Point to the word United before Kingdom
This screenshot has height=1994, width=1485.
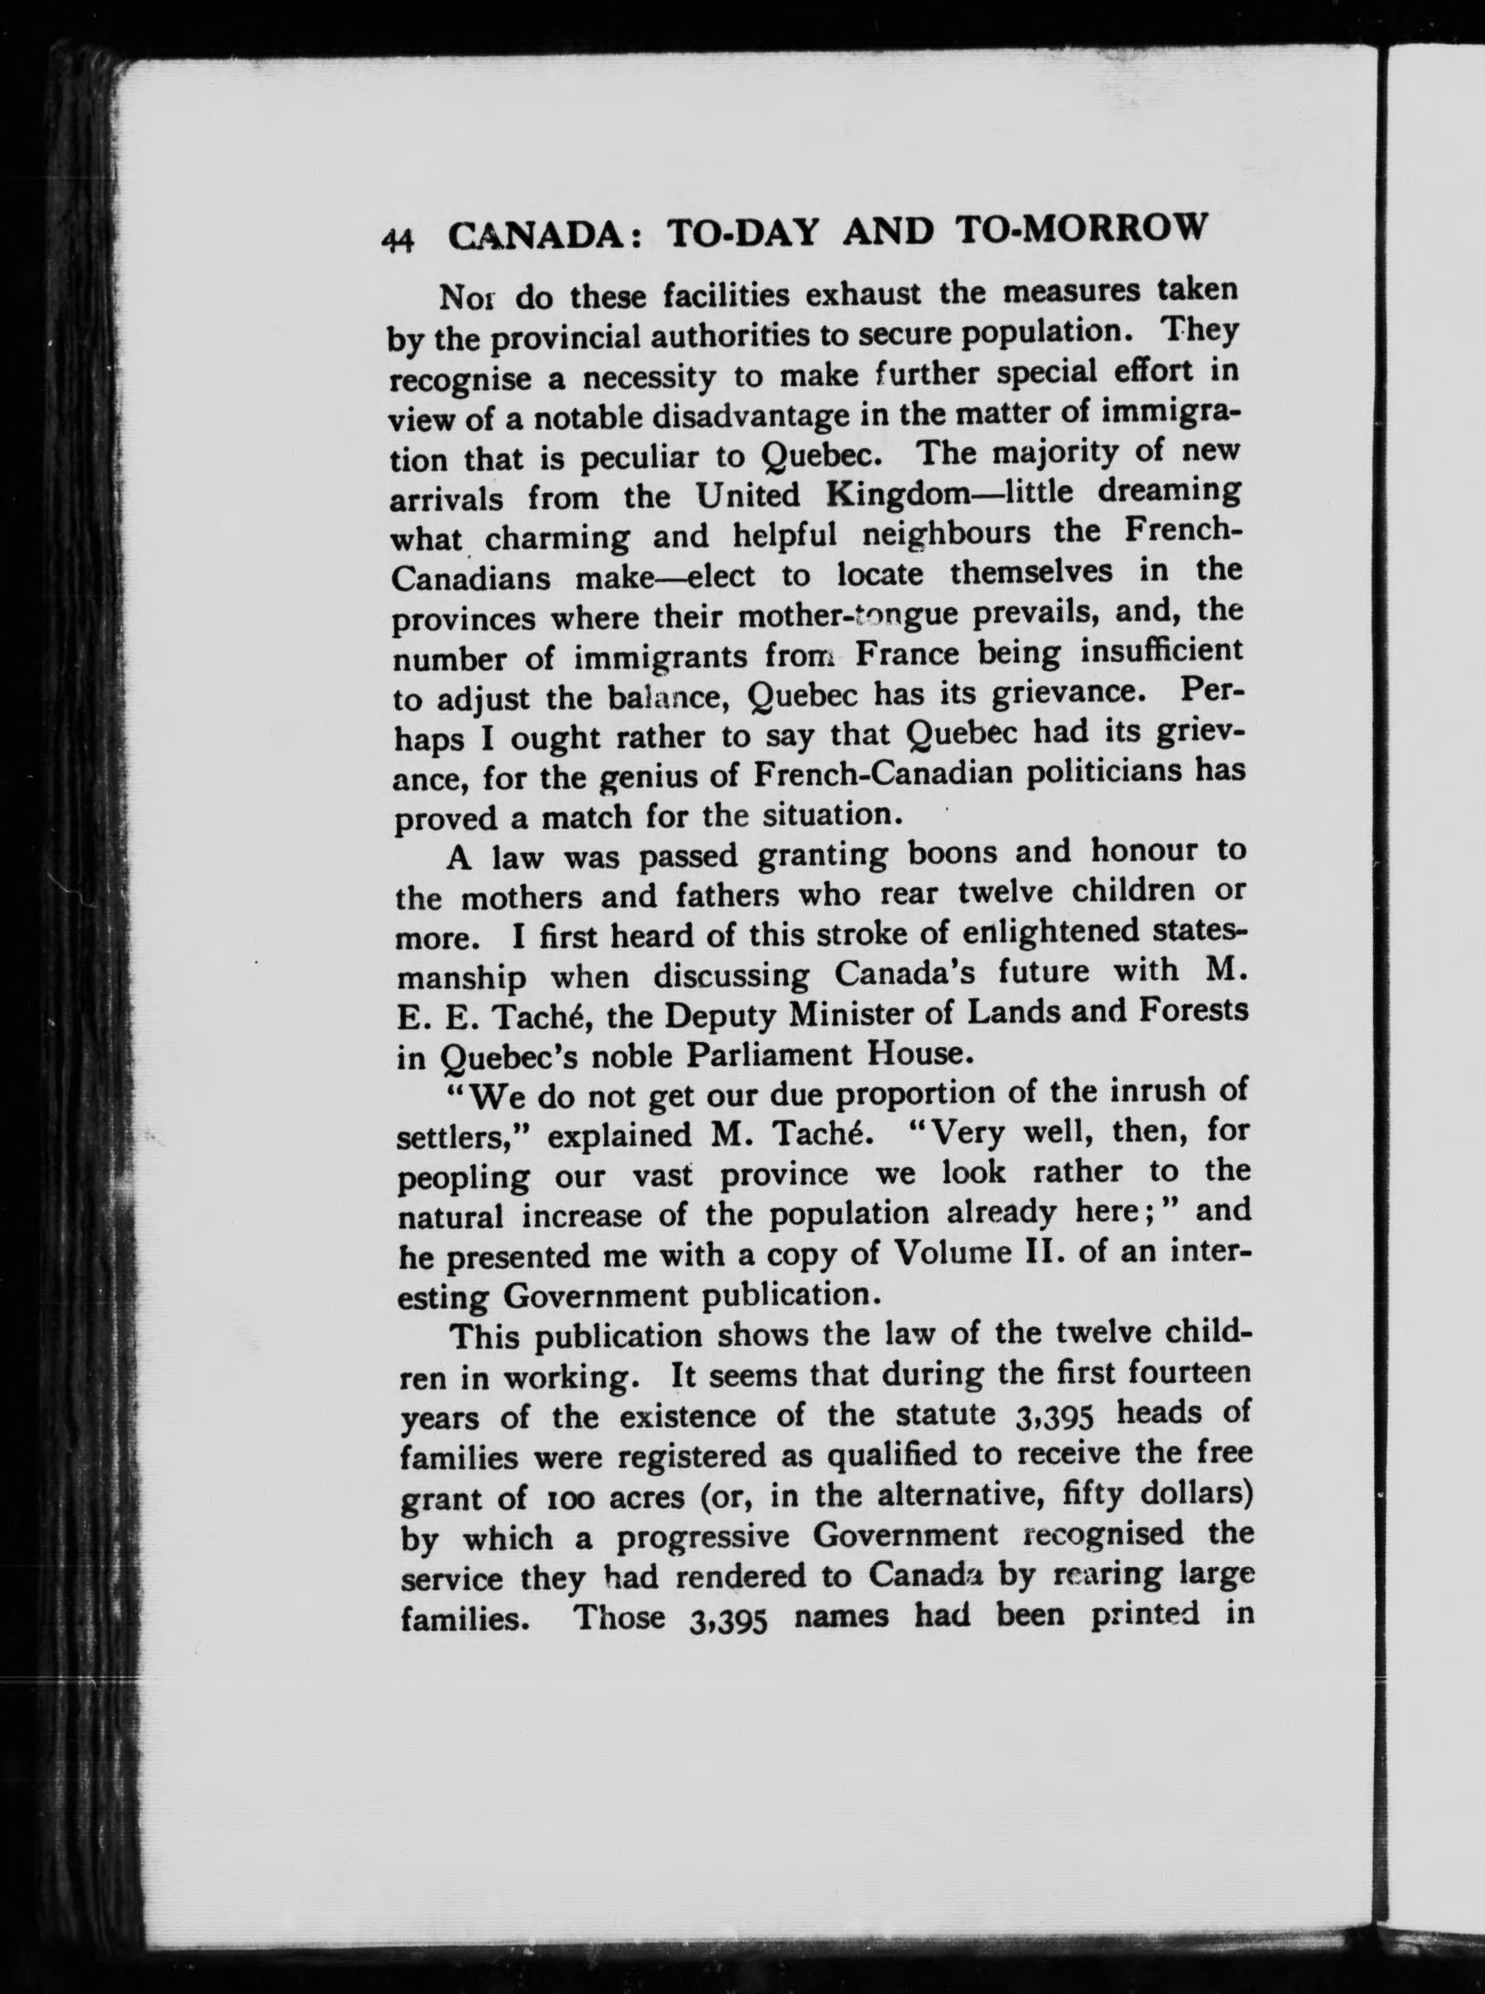coord(747,496)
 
